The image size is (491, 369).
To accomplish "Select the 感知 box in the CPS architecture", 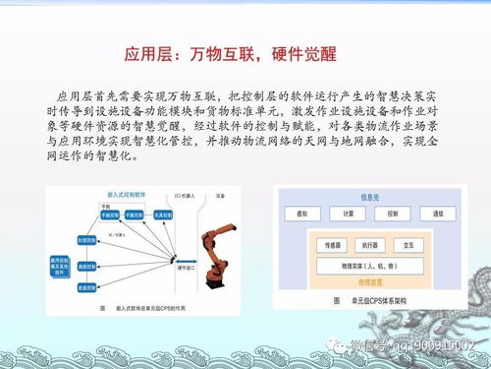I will [301, 214].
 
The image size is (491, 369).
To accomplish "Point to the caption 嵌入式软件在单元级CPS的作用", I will [147, 307].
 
